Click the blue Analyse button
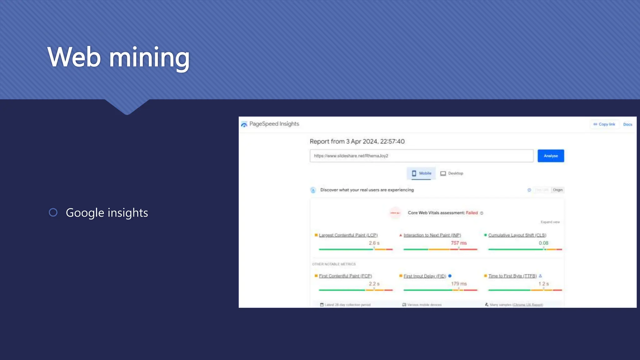(x=551, y=156)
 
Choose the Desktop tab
(x=452, y=173)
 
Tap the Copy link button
(x=604, y=124)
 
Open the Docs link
(x=627, y=124)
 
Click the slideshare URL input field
(x=421, y=156)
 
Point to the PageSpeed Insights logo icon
(x=244, y=124)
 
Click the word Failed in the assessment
(x=472, y=213)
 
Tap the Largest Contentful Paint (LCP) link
(x=348, y=235)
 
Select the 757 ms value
(x=458, y=243)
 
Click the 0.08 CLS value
(x=543, y=243)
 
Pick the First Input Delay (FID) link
(x=425, y=276)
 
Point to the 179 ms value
(x=458, y=284)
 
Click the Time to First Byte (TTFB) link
(x=512, y=276)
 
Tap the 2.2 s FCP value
(x=374, y=284)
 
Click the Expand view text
(x=550, y=222)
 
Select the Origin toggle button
(x=557, y=190)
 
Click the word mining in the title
(x=149, y=57)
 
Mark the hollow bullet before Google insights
(x=53, y=212)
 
